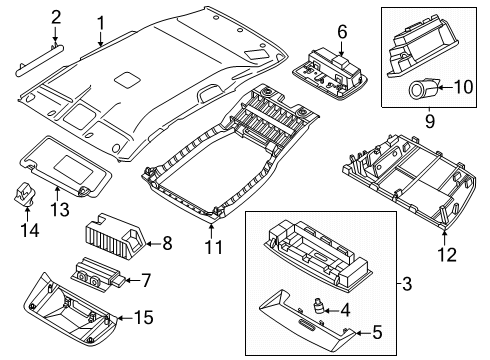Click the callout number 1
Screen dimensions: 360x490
pyautogui.click(x=100, y=22)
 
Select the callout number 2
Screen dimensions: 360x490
pyautogui.click(x=56, y=16)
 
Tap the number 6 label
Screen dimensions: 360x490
pyautogui.click(x=340, y=32)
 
